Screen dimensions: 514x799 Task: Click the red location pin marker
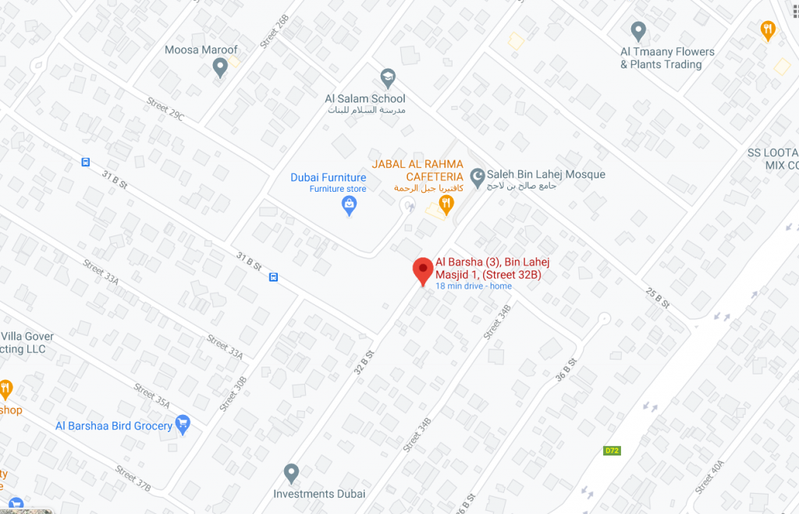(x=423, y=270)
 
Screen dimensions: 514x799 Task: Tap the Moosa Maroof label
(x=201, y=50)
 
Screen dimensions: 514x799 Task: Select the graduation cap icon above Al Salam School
(x=387, y=77)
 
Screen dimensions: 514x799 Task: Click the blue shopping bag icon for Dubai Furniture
(x=350, y=206)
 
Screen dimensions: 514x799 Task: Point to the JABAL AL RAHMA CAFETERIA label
(x=417, y=170)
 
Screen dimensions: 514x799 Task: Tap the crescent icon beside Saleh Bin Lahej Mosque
(x=477, y=175)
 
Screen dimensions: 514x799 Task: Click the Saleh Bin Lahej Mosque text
(x=547, y=175)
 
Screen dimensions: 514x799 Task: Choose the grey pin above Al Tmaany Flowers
(x=638, y=31)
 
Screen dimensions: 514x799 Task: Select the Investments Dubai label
(x=319, y=494)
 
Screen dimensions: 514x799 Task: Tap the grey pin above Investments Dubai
(x=291, y=472)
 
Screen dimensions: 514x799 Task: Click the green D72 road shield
(x=612, y=451)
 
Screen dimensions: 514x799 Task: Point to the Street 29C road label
(x=165, y=110)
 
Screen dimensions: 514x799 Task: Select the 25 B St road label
(x=658, y=296)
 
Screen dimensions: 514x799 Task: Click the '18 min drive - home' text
(x=474, y=286)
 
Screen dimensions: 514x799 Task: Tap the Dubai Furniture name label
(x=328, y=177)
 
